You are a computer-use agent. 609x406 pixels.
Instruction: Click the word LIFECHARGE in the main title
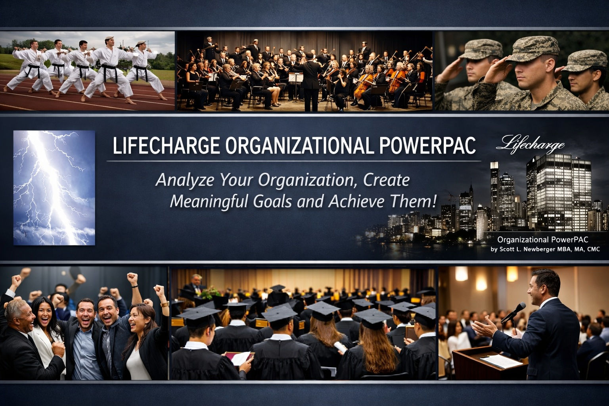(166, 146)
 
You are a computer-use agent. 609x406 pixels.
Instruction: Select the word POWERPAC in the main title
(427, 146)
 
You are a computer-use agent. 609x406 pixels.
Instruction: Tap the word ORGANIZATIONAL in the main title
(299, 146)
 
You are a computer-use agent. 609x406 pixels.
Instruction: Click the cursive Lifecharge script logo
(530, 144)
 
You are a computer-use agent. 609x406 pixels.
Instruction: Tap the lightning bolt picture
(54, 188)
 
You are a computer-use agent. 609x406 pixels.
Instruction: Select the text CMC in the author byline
(594, 249)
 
